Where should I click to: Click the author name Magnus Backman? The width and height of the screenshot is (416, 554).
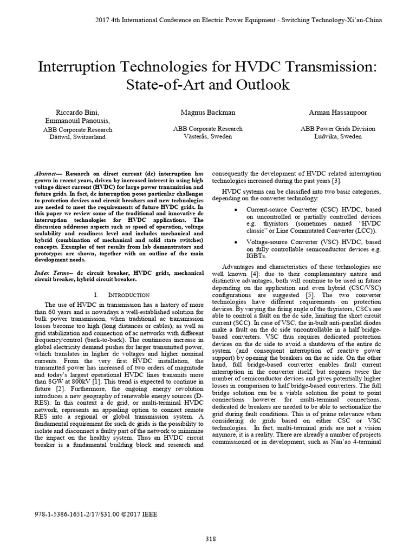[207, 112]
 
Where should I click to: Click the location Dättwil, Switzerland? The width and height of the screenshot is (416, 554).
[77, 137]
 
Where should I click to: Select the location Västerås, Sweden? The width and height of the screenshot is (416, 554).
[207, 137]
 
